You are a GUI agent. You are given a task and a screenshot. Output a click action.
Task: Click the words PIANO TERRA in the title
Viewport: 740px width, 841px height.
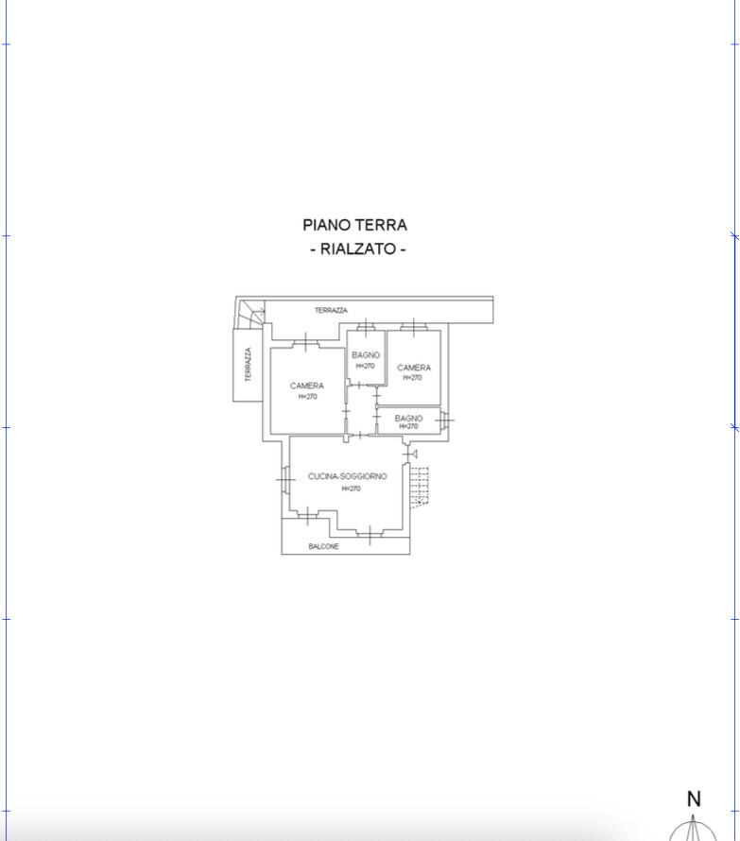(354, 225)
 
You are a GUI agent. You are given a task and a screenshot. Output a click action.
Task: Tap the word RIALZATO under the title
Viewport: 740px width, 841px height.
(358, 249)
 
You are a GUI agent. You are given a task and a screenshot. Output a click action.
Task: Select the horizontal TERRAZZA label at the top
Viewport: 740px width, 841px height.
(331, 310)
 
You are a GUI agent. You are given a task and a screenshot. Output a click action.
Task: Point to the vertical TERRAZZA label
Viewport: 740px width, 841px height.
(248, 364)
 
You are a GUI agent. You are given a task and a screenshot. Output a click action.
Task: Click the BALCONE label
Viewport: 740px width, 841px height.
(323, 546)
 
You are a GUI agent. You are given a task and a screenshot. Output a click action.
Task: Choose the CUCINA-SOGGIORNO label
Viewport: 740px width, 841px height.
(347, 476)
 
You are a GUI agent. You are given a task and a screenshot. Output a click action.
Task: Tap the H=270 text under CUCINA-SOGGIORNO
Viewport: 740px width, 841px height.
(351, 489)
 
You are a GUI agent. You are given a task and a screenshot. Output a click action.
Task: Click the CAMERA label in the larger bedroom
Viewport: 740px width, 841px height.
(307, 386)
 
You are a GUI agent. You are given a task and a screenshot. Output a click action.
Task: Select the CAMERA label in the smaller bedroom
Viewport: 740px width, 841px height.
(414, 368)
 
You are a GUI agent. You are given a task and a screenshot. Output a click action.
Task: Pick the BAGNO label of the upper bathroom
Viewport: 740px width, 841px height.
(366, 355)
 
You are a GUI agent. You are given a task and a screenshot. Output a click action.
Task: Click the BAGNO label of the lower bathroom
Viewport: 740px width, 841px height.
(408, 418)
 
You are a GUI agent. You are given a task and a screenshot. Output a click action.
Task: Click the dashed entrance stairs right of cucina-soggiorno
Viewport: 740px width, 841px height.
(419, 487)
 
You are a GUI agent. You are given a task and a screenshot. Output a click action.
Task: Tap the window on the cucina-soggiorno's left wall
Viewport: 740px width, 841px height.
(286, 479)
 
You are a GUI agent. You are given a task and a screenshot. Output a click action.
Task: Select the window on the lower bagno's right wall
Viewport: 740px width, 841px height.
(445, 420)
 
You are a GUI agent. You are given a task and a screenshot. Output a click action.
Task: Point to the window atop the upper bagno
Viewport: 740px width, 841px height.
(366, 327)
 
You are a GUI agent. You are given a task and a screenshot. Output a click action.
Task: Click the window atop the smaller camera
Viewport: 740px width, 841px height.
(414, 326)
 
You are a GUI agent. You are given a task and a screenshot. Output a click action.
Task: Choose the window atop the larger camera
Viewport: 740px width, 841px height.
(306, 343)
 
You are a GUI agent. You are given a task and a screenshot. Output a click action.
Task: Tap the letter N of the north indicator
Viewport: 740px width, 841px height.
(694, 799)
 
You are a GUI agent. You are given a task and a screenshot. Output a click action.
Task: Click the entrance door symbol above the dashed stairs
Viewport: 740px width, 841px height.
(411, 454)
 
